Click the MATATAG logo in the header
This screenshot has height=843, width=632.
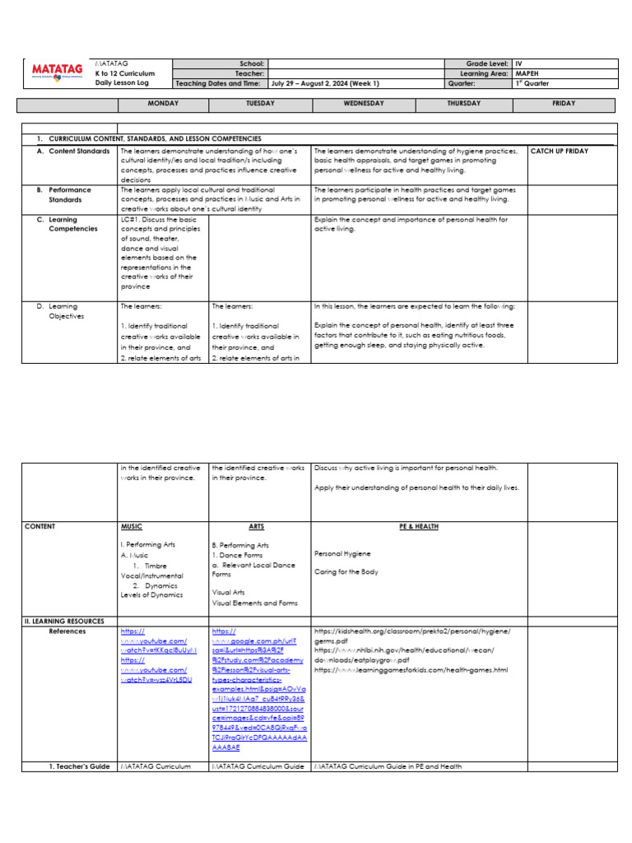point(57,73)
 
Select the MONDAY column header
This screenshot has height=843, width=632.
point(163,104)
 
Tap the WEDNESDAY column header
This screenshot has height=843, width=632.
point(363,104)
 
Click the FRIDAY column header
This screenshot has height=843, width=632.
point(564,104)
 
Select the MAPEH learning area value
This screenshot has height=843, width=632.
point(527,73)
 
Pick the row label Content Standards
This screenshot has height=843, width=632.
point(74,151)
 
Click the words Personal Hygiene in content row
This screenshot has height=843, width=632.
point(342,554)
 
